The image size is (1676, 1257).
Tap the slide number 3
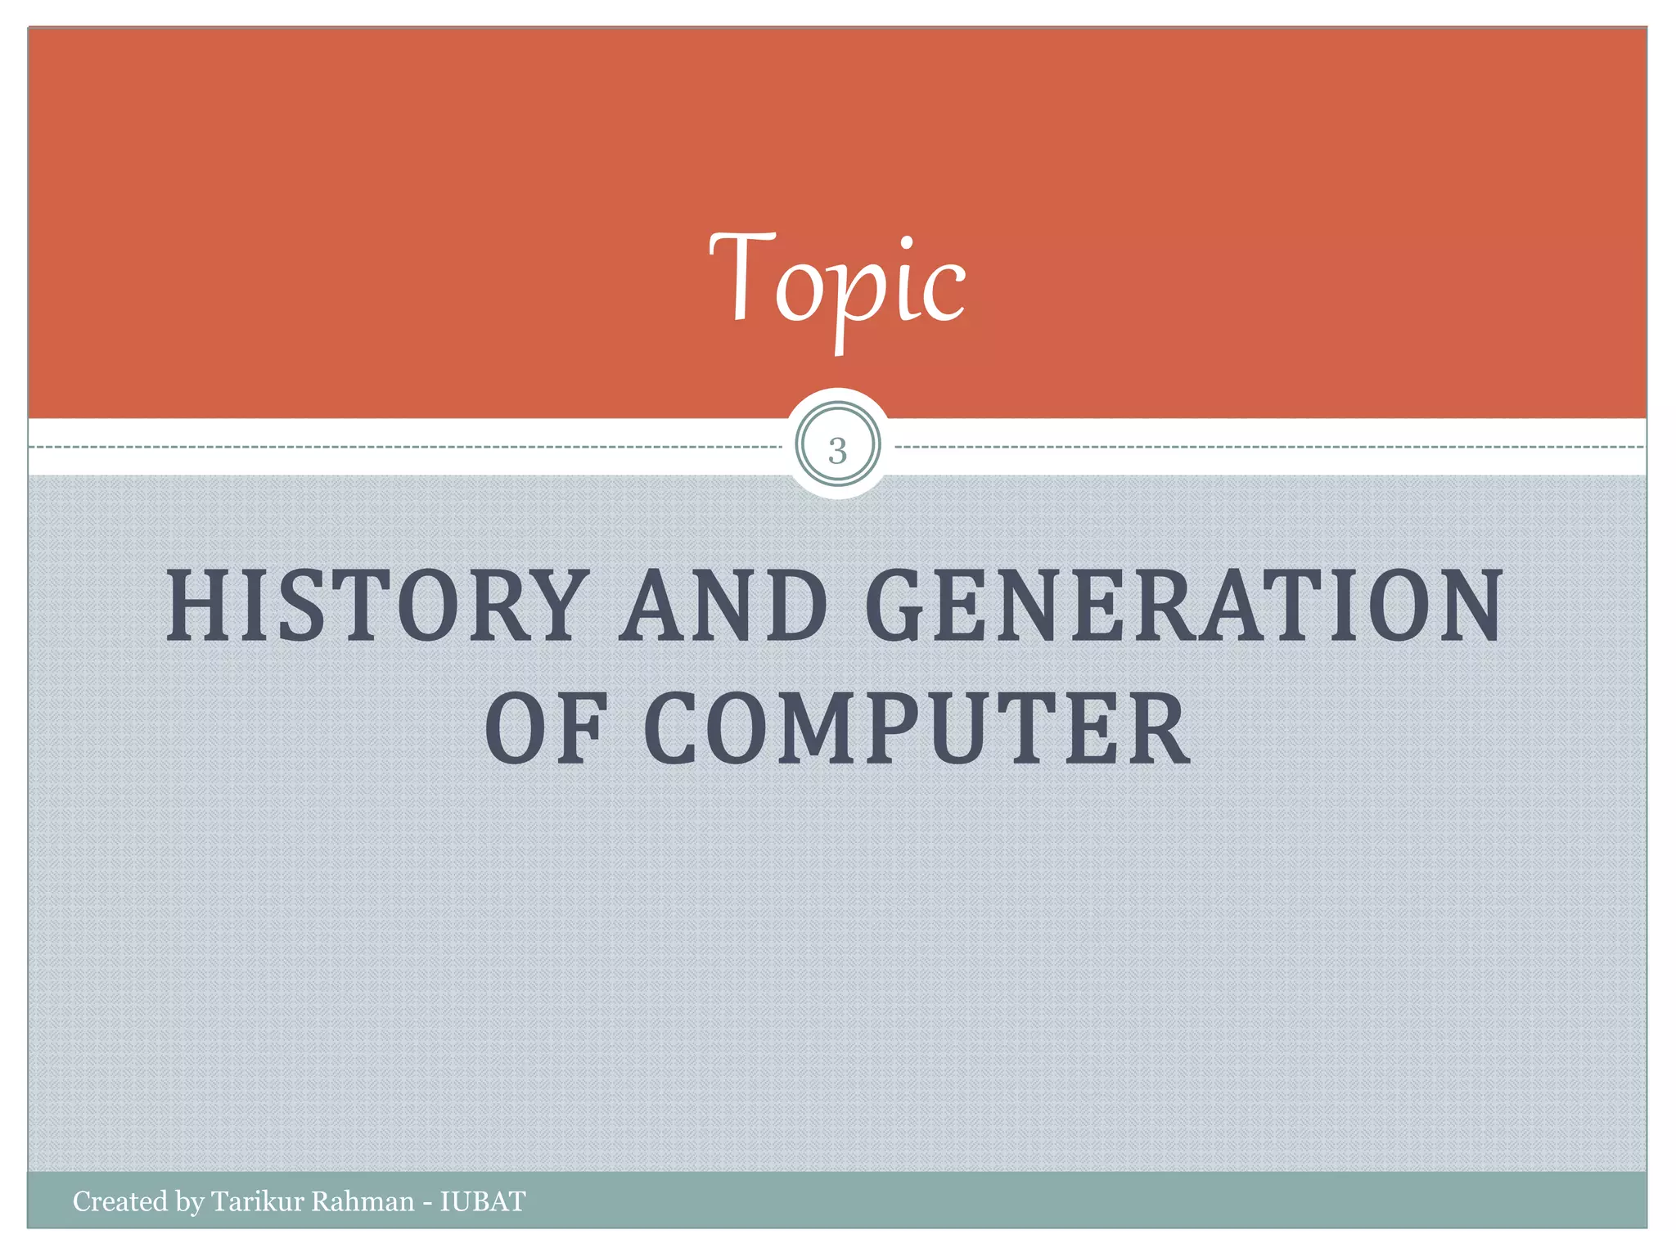(x=837, y=450)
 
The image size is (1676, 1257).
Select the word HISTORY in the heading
(x=377, y=606)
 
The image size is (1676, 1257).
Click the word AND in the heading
(x=723, y=606)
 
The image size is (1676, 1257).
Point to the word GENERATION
(x=1183, y=606)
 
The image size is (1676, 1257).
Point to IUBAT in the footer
(x=483, y=1201)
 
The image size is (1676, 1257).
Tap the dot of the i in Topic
(x=904, y=243)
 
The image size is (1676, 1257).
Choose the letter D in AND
(x=791, y=606)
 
